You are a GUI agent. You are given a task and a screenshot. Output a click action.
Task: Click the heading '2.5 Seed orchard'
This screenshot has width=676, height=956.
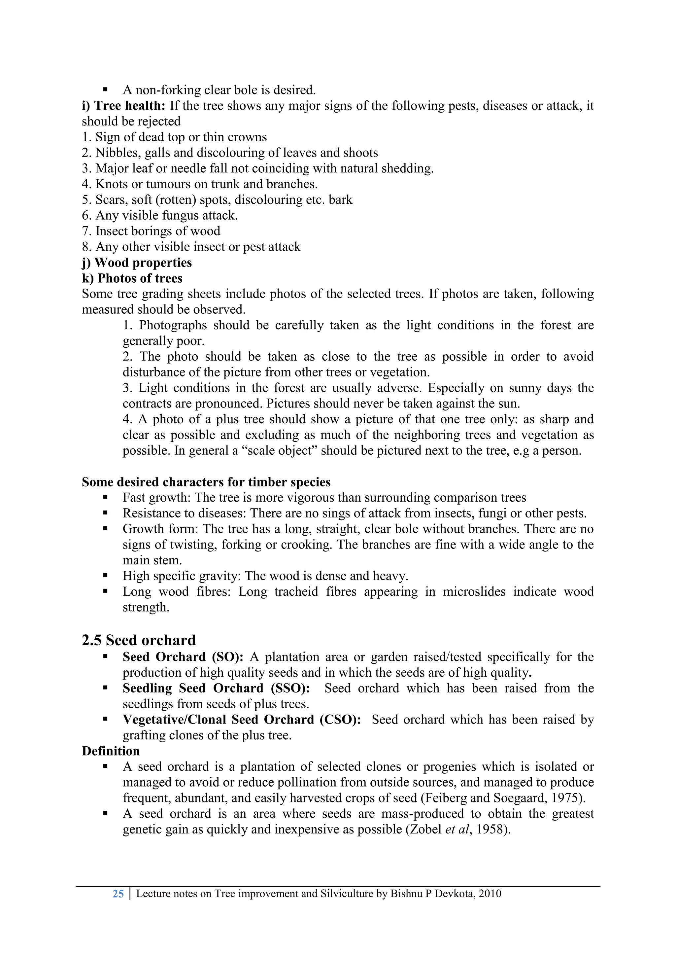pyautogui.click(x=139, y=640)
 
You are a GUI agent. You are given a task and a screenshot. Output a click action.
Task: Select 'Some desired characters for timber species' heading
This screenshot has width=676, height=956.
pyautogui.click(x=206, y=482)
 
